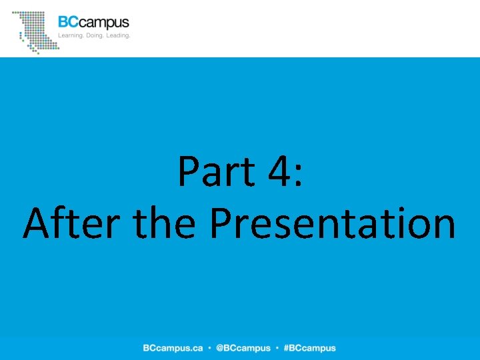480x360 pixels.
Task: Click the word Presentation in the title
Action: (x=332, y=224)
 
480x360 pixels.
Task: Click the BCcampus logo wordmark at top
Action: (x=93, y=23)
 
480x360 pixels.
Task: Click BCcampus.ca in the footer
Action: (x=173, y=348)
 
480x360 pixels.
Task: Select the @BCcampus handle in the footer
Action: (x=243, y=348)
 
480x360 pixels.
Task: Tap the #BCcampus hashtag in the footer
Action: (x=309, y=348)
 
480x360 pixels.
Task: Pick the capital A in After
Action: (x=36, y=224)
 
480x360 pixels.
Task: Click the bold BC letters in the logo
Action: (x=67, y=23)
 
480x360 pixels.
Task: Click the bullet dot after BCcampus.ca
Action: (x=209, y=348)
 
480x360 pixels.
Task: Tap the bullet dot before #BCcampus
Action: (x=277, y=348)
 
